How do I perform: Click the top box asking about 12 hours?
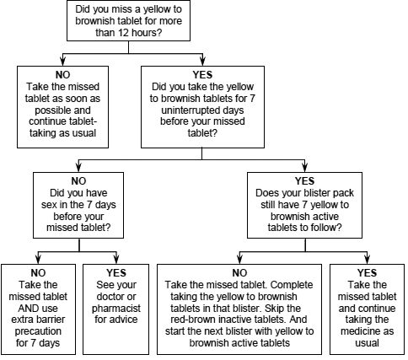coord(128,20)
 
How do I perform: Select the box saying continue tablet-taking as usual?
coord(62,107)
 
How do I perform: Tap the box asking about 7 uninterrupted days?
coord(202,107)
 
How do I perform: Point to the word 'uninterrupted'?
coord(202,110)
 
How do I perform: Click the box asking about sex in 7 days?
coord(78,205)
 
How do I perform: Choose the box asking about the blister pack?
coord(304,205)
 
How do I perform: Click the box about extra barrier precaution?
coord(38,309)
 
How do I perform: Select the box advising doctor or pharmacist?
coord(115,309)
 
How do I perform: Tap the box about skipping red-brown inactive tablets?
coord(239,309)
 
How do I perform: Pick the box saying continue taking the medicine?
coord(367,309)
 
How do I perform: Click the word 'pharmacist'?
coord(116,309)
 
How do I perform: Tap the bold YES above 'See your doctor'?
coord(116,272)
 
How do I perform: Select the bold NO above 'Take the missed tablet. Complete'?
coord(239,272)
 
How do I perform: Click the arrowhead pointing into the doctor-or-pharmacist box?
coord(116,259)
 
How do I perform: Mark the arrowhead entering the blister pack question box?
coord(305,167)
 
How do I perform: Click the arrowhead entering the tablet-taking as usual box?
coord(62,61)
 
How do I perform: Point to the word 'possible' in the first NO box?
coord(62,110)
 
